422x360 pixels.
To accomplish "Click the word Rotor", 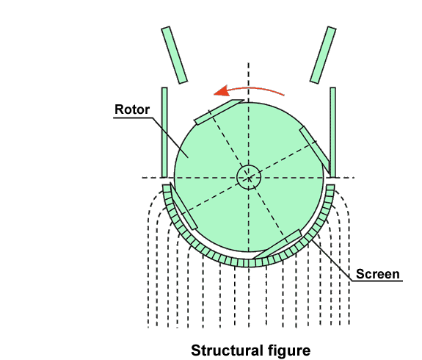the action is point(132,109).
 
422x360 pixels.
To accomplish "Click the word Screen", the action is point(377,274).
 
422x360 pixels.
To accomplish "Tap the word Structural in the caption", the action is point(227,350).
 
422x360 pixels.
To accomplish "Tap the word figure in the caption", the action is point(289,350).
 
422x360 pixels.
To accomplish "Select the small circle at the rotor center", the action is point(249,177).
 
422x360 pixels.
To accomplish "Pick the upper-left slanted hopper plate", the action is point(174,54).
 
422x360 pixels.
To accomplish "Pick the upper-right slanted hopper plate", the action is point(323,55).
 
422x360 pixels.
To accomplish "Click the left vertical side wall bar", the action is point(164,132).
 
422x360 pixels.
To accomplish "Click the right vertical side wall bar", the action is point(332,132).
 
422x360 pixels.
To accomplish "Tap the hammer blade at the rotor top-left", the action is point(219,112).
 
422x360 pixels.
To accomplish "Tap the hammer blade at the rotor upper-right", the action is point(314,150).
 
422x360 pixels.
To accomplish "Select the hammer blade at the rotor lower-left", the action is point(183,206).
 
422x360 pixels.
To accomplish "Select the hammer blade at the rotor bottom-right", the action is point(277,245).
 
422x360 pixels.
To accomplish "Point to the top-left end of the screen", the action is point(167,186).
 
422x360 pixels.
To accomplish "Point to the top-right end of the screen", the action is point(330,186).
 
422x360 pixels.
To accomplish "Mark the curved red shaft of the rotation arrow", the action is point(255,90).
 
